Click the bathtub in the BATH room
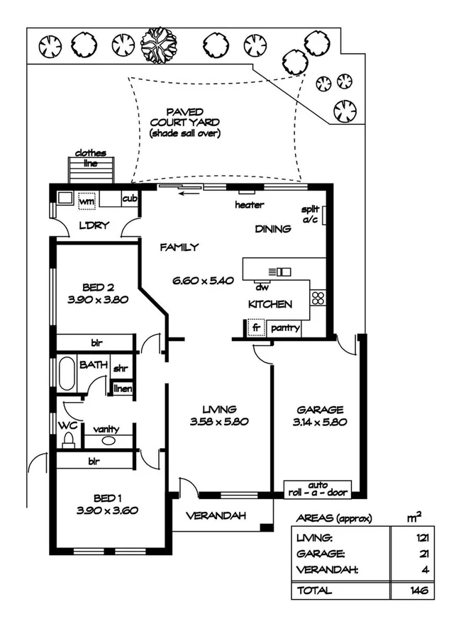tap(66, 373)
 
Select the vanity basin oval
tap(108, 440)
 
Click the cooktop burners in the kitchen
tap(318, 298)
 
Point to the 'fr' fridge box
tap(255, 328)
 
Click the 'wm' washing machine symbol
tap(87, 201)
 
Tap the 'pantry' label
tap(284, 328)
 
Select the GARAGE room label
tap(320, 409)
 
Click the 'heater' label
tap(249, 205)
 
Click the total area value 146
tap(422, 589)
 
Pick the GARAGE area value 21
tap(424, 554)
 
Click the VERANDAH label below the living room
tap(216, 516)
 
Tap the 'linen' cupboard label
tap(123, 388)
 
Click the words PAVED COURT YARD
tap(184, 117)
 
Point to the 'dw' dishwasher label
tap(262, 288)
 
